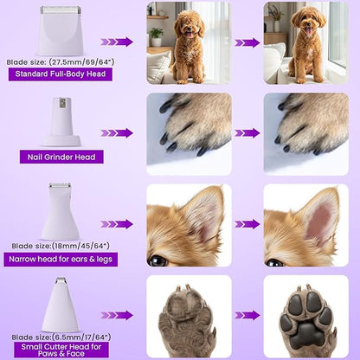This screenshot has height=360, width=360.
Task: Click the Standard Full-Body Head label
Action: click(61, 74)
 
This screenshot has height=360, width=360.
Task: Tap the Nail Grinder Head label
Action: click(61, 157)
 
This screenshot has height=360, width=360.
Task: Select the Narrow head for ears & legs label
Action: click(61, 259)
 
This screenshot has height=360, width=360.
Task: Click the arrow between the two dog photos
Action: click(247, 42)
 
